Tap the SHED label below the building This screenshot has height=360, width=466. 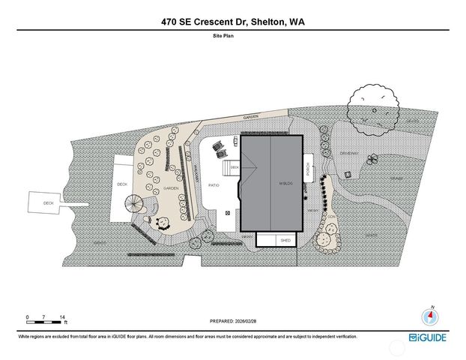pos(285,241)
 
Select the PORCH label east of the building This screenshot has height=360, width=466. pos(307,172)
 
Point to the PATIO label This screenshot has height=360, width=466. pos(213,184)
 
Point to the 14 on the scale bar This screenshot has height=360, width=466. pos(63,317)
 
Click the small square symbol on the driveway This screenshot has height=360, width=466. pos(348,175)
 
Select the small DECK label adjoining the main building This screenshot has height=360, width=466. pos(234,167)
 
